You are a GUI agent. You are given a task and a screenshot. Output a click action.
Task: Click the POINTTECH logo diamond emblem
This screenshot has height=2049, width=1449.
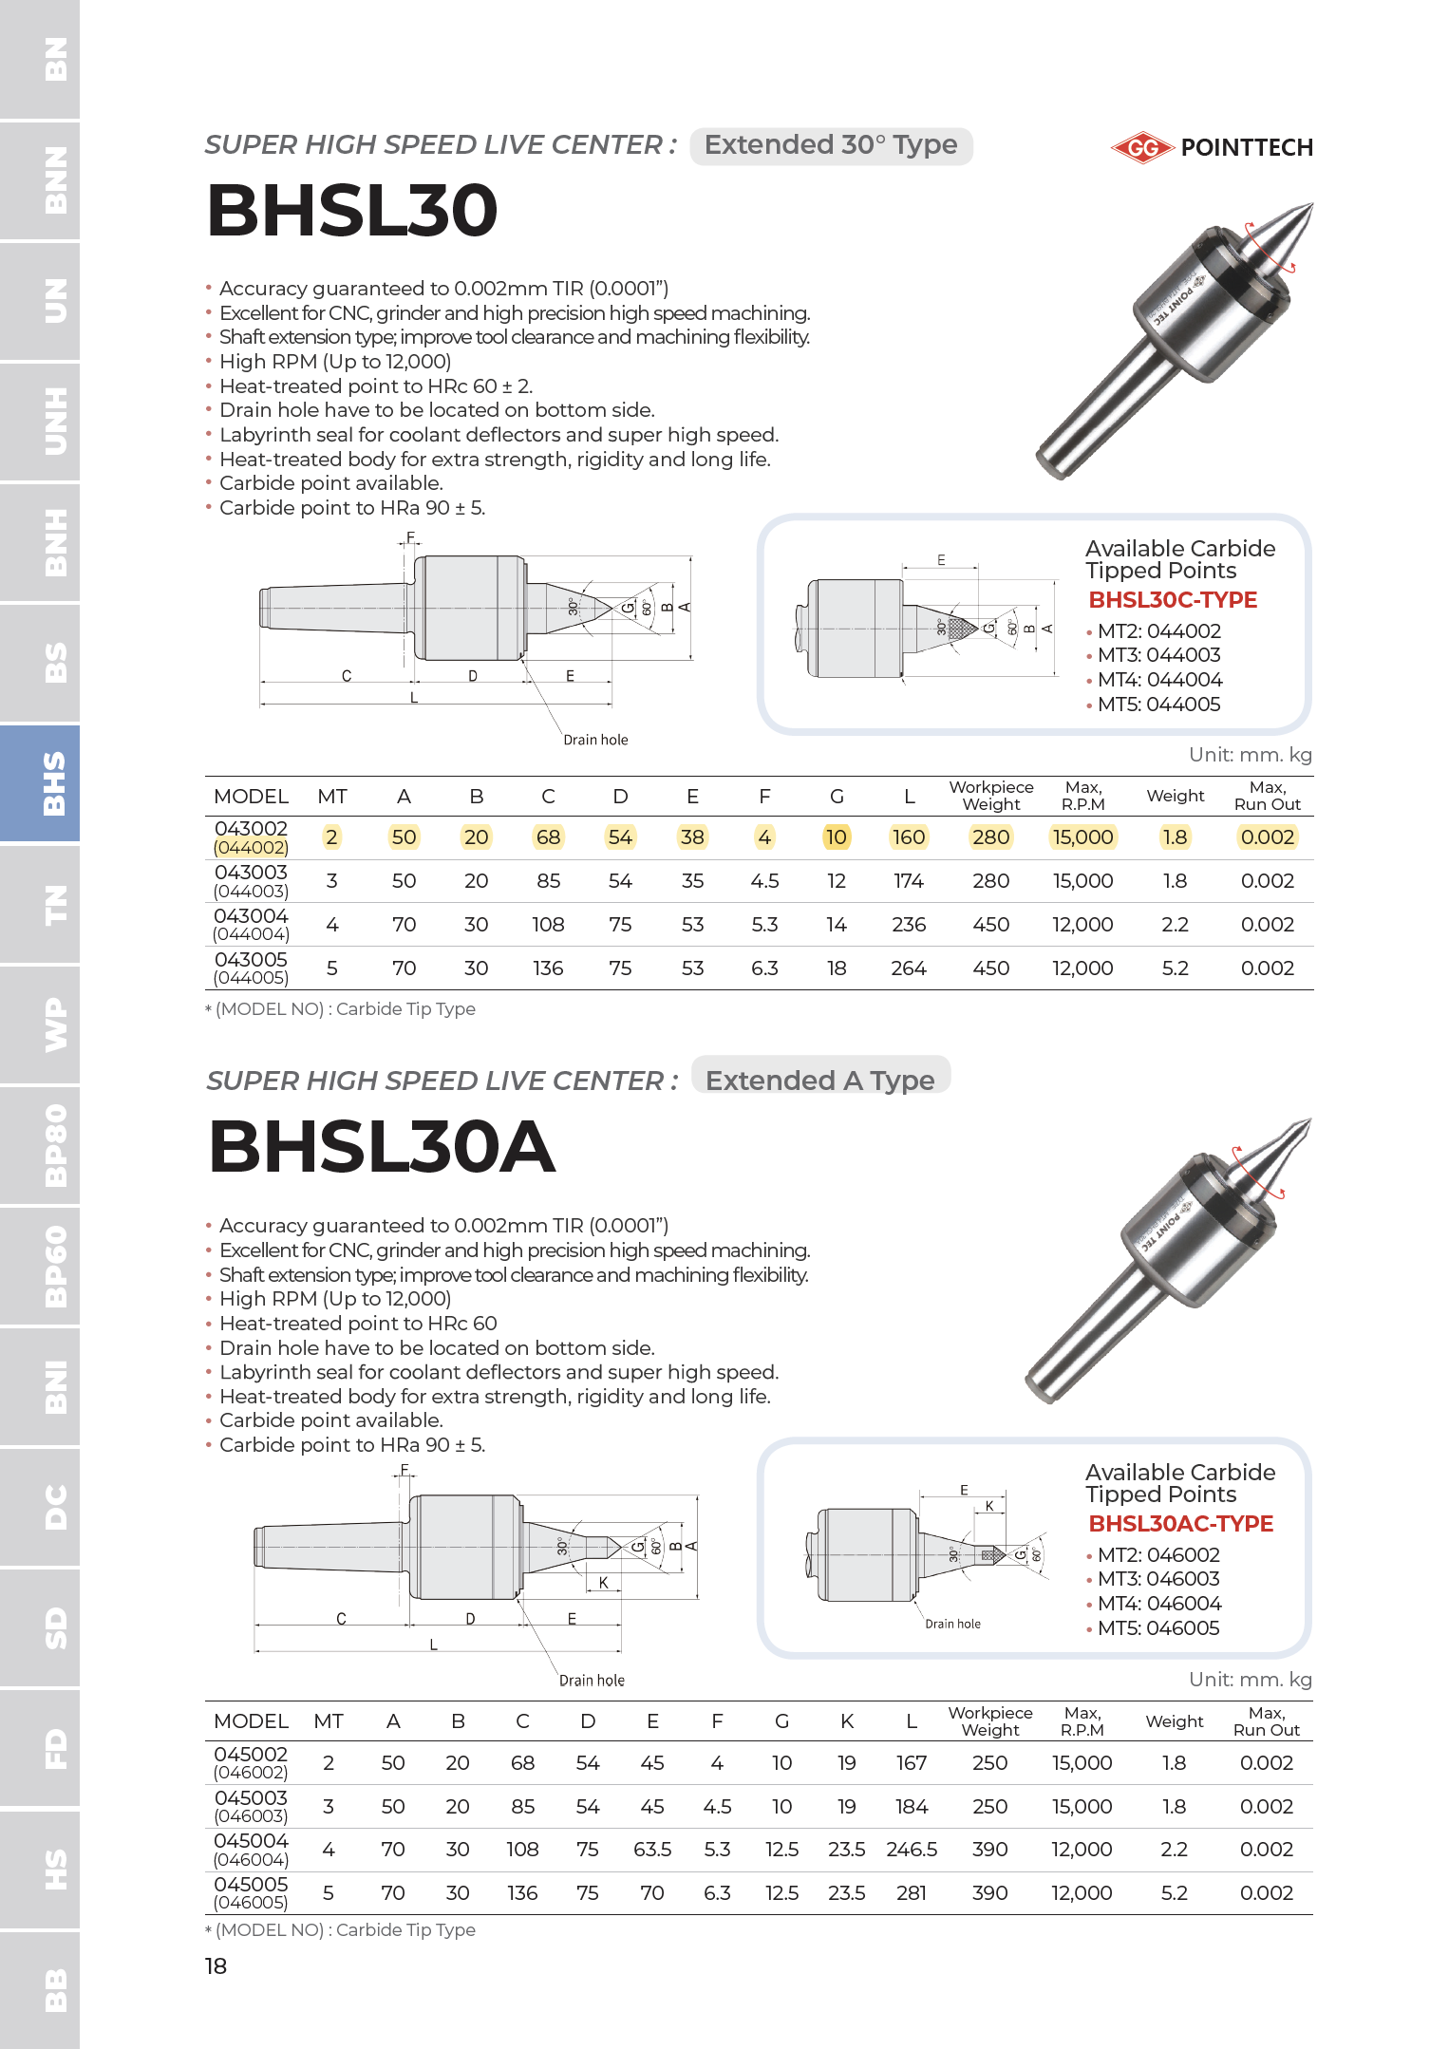tap(1142, 147)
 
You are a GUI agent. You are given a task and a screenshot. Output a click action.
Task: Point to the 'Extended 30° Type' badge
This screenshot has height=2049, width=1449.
tap(831, 145)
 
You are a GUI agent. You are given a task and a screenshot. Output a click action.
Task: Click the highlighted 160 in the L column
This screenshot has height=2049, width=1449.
tap(909, 837)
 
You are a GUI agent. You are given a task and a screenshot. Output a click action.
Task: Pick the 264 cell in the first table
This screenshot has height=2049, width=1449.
tap(909, 968)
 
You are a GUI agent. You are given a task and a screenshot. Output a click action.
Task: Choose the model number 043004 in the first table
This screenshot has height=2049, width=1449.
tap(251, 916)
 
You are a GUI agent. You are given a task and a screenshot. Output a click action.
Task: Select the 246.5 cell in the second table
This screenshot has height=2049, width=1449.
tap(912, 1850)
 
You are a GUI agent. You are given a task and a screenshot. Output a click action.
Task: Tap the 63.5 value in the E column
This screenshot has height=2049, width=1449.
tap(652, 1850)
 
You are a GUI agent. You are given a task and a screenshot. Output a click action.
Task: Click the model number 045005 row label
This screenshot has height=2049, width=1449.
tap(251, 1885)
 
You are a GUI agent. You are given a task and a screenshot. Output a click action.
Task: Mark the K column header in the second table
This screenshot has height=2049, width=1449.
tap(847, 1721)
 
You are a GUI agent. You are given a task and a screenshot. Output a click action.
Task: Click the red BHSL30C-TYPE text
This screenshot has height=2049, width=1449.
tap(1173, 600)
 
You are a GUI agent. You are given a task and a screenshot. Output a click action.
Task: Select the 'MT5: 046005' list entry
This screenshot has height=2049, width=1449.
tap(1158, 1628)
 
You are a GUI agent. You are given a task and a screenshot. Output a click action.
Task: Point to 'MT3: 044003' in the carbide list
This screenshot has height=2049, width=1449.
tap(1158, 655)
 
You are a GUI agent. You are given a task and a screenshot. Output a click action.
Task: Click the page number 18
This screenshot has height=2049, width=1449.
tap(216, 1966)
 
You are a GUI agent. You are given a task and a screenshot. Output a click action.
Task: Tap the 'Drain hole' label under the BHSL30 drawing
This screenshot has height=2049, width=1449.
tap(595, 740)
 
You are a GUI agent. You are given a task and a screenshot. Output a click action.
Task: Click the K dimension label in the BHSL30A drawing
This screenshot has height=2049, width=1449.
tap(603, 1583)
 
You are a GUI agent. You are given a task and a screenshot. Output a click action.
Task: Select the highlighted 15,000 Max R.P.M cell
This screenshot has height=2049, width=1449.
tap(1082, 837)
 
